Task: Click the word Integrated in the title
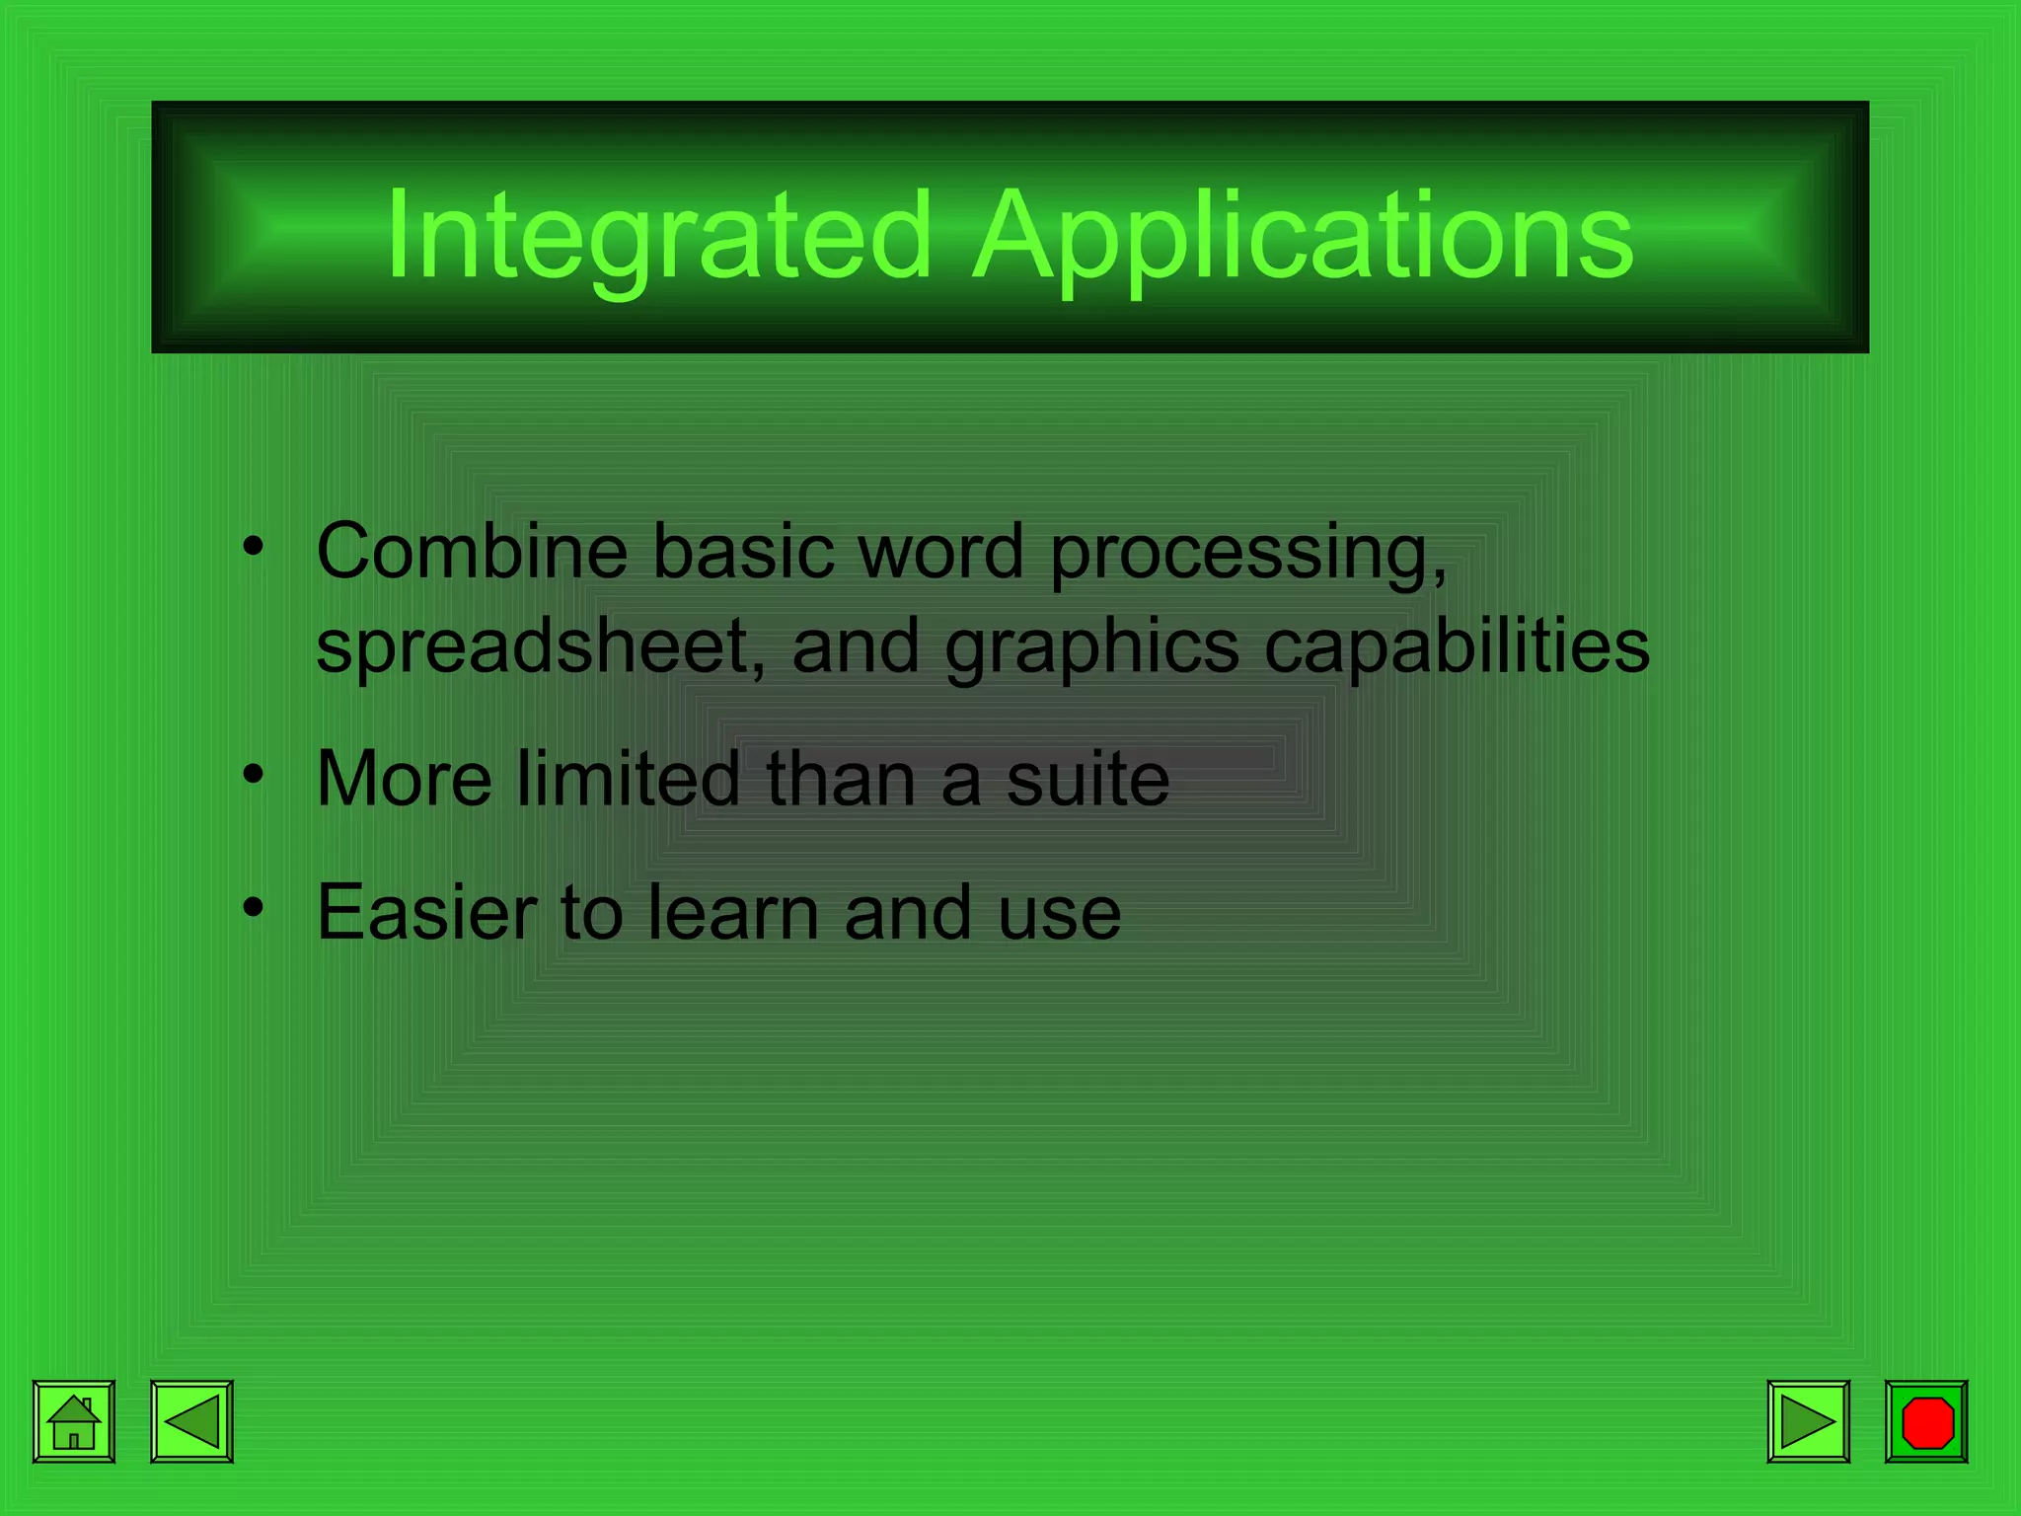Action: [658, 237]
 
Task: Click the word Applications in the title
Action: [1303, 237]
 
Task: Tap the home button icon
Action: [74, 1421]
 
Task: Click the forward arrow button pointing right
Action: [1808, 1421]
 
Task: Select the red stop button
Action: [1926, 1421]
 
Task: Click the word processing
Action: [1247, 553]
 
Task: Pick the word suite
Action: [1087, 779]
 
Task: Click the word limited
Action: [628, 779]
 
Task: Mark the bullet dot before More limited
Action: [254, 774]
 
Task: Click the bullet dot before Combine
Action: [254, 546]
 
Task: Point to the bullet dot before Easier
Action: [254, 906]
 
